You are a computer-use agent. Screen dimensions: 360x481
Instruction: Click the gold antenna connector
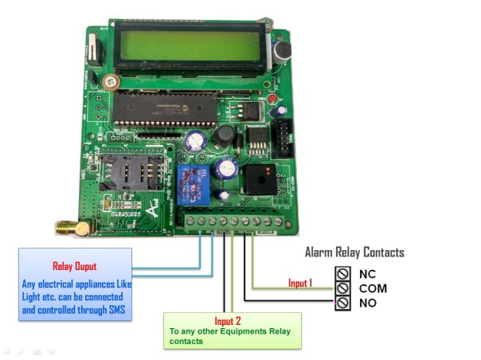click(63, 229)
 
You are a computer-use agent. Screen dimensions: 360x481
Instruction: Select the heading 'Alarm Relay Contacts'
click(354, 252)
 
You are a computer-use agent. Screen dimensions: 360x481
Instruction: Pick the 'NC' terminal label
click(367, 273)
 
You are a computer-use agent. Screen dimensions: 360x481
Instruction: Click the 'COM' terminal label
click(373, 288)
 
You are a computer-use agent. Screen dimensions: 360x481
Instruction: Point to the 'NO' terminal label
click(367, 303)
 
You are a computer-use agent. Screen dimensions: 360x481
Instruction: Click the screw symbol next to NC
click(343, 273)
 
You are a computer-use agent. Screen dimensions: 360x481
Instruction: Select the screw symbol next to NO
click(343, 303)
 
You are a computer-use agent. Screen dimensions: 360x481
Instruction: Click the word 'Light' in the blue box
click(33, 296)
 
